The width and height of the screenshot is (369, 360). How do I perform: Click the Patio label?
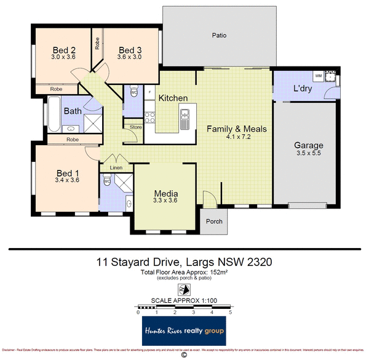click(219, 36)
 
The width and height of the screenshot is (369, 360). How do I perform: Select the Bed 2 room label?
click(64, 50)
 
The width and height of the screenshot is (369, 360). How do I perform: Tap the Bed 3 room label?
click(130, 50)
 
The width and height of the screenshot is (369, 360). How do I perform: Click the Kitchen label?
click(173, 98)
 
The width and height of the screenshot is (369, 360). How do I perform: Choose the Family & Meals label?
click(236, 129)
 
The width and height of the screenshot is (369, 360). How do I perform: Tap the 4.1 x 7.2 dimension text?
click(236, 137)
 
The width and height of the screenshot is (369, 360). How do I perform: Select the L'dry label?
click(302, 89)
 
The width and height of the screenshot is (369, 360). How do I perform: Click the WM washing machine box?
click(319, 76)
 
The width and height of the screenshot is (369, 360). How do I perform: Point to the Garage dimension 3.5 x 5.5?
click(308, 154)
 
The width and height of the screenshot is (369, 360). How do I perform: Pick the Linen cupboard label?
click(116, 167)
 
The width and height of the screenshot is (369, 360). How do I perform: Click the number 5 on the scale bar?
click(230, 313)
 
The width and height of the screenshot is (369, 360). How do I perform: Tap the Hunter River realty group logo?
click(184, 333)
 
